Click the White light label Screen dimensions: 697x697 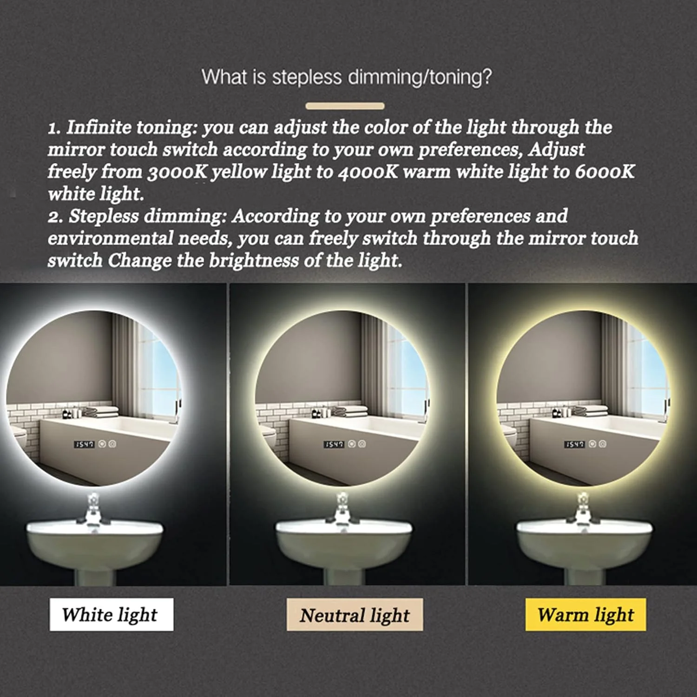(x=112, y=614)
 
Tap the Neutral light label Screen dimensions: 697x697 (x=355, y=615)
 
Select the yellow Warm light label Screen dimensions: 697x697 (x=585, y=614)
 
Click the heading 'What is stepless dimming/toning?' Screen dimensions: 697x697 (x=347, y=77)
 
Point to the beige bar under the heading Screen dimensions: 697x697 (x=345, y=106)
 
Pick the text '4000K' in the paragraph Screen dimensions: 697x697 (x=368, y=172)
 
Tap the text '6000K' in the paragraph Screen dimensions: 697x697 (x=605, y=172)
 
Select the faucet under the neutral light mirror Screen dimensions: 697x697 (x=343, y=508)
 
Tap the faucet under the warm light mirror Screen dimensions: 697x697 (x=584, y=508)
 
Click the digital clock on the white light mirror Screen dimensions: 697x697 (x=84, y=445)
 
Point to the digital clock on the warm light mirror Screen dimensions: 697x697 (x=574, y=445)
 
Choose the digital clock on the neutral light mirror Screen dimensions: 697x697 (x=334, y=445)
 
